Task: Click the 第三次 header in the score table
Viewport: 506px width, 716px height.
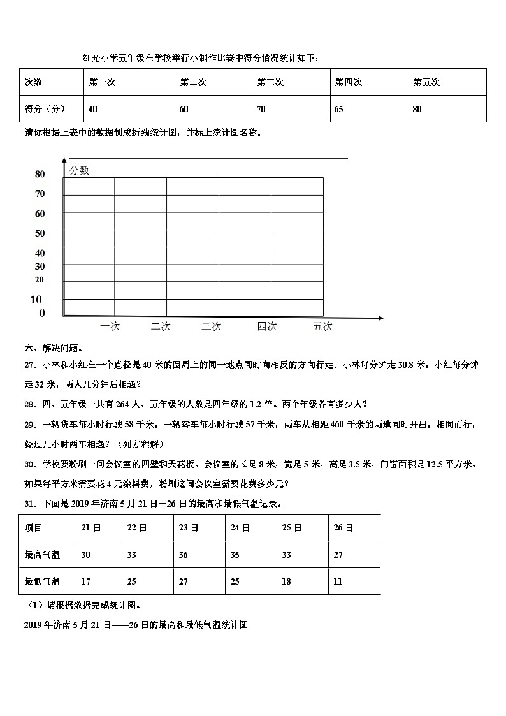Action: (270, 82)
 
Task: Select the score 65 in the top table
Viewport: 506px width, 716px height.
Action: (338, 109)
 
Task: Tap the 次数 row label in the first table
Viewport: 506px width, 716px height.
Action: (33, 82)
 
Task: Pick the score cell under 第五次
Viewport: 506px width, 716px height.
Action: (417, 109)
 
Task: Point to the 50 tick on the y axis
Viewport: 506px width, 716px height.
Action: (40, 233)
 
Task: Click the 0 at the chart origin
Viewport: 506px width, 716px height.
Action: (42, 313)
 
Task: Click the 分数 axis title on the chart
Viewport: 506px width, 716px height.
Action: (80, 170)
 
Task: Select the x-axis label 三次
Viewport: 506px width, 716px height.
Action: (212, 326)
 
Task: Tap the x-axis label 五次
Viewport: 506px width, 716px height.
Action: (322, 326)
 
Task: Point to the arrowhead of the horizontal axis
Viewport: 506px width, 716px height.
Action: (380, 318)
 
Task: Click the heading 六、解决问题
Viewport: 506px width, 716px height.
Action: (54, 348)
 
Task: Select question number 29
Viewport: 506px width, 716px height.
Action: (29, 425)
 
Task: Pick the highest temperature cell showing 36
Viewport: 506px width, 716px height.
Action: (184, 555)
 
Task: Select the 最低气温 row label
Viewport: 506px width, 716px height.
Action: (42, 581)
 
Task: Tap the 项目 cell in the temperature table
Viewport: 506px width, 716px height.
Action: (33, 528)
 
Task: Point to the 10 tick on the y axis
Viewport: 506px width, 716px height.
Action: (36, 300)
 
